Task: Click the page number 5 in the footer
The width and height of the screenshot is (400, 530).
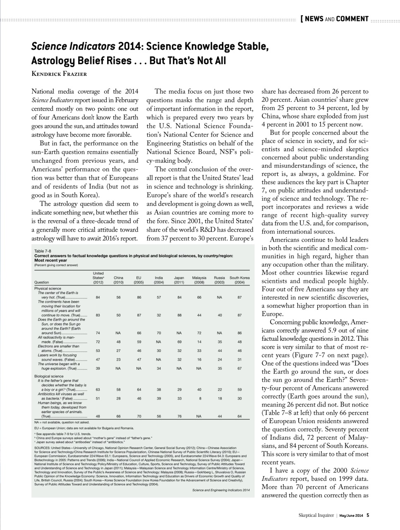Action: (368, 516)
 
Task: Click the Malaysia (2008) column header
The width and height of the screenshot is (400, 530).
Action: (199, 280)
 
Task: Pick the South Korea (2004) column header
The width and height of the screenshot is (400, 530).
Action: (240, 280)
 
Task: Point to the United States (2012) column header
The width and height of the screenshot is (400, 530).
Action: (98, 278)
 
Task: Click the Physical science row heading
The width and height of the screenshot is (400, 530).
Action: (48, 288)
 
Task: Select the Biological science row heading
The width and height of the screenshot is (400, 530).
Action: (49, 376)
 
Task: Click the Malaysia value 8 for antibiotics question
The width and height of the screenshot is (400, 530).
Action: (199, 398)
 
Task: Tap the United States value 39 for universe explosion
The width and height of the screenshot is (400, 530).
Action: (98, 368)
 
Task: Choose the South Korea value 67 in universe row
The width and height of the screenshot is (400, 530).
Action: (240, 368)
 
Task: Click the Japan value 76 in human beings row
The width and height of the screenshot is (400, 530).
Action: (179, 416)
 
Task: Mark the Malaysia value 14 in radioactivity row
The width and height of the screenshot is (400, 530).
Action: (199, 342)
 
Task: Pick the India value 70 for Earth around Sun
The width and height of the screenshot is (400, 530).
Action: (159, 333)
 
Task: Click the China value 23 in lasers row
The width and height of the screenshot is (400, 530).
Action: (118, 359)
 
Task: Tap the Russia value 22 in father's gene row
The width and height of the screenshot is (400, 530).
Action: (219, 390)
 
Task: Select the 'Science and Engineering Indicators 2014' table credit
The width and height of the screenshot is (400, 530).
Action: (221, 490)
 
